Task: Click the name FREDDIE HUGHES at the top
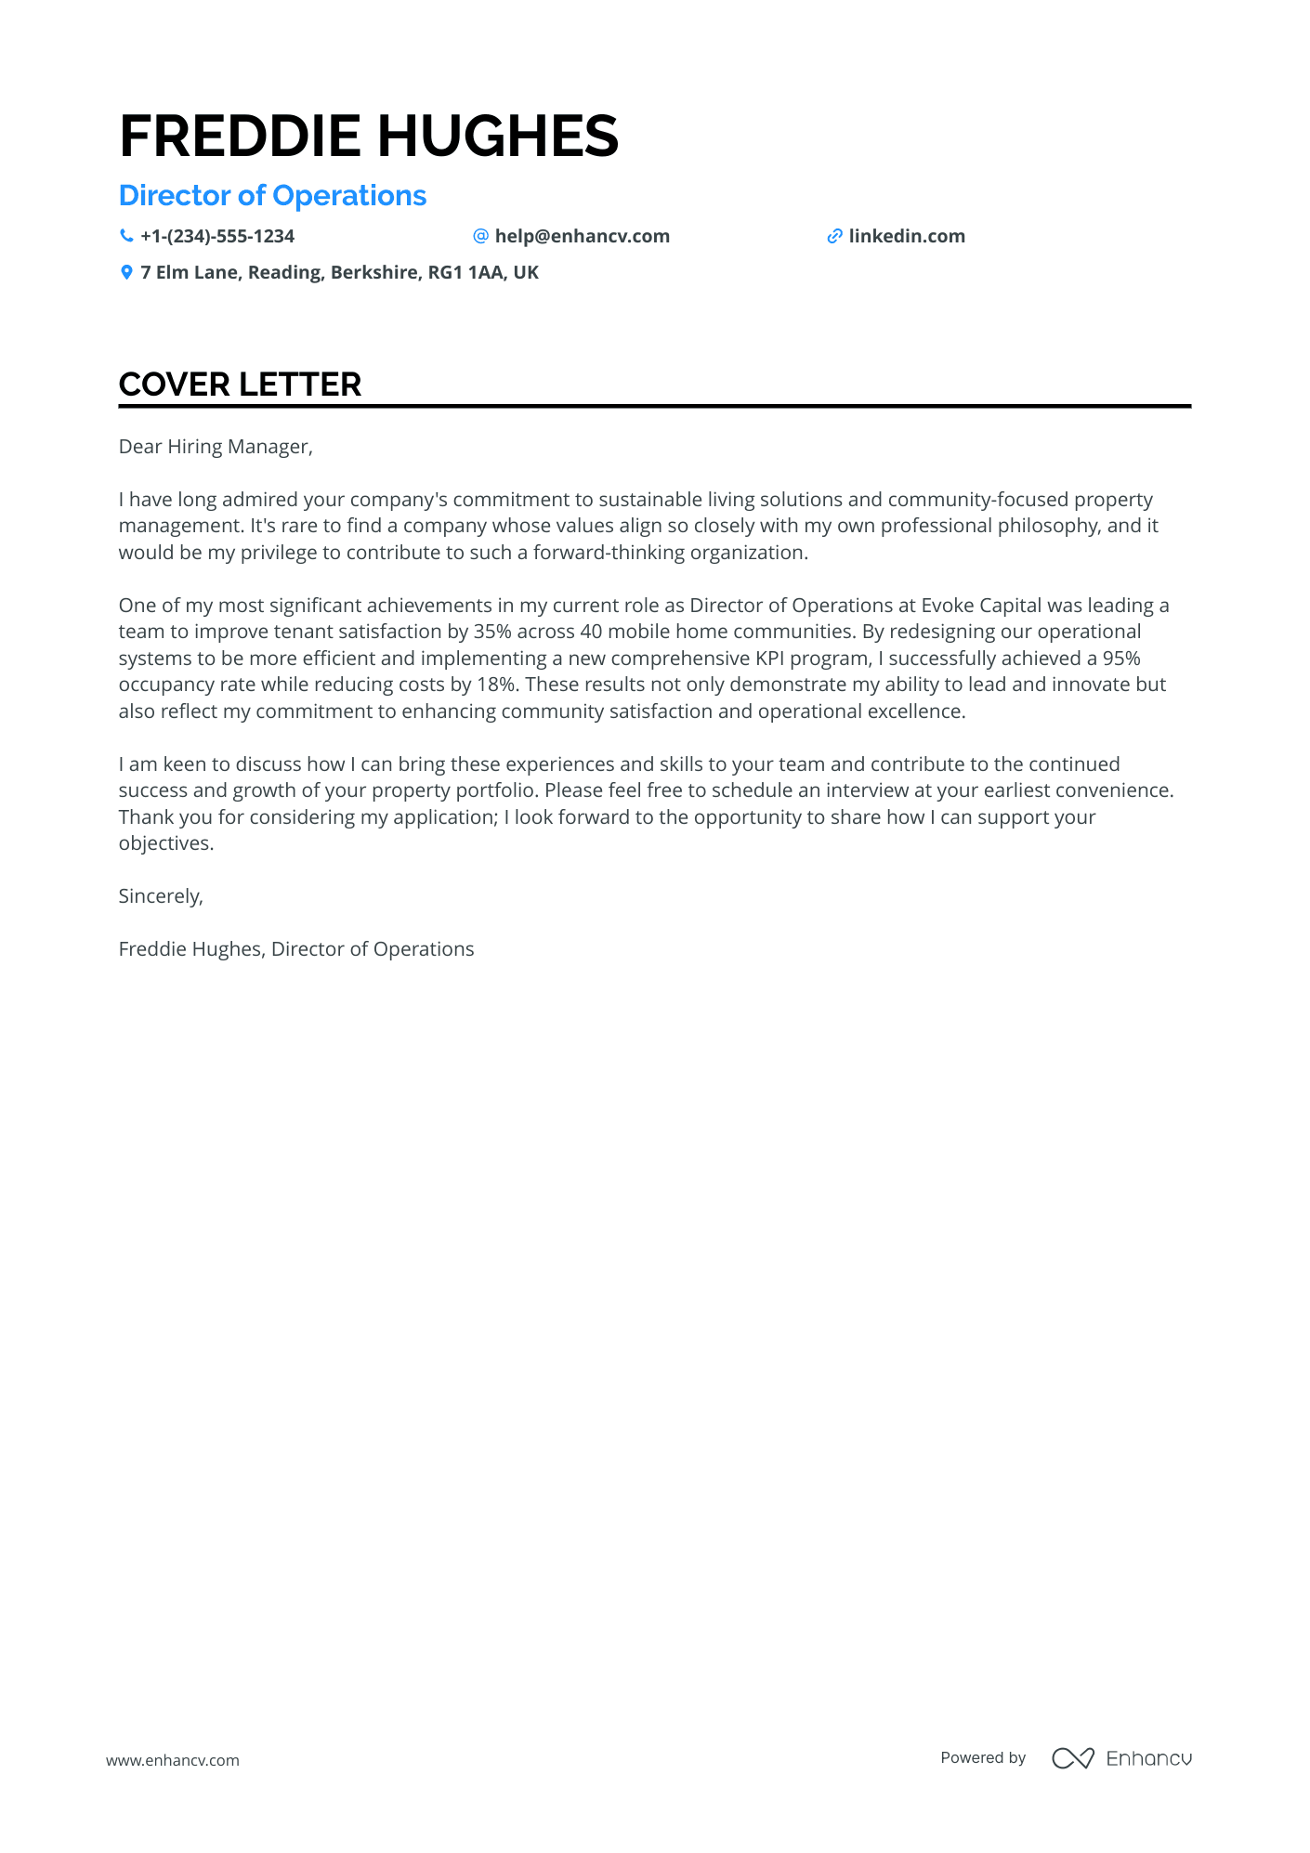(x=368, y=136)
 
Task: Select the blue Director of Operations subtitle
(x=272, y=196)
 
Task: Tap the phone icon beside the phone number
(x=126, y=236)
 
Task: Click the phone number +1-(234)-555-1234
(x=217, y=237)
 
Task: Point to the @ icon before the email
(x=480, y=236)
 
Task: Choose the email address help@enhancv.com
(x=582, y=237)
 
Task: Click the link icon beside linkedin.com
(x=834, y=237)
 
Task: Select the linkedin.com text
(x=906, y=237)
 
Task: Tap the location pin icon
(x=126, y=273)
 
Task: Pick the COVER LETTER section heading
(x=240, y=385)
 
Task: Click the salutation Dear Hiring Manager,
(x=216, y=447)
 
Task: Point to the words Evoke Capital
(x=981, y=606)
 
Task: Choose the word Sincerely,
(x=161, y=896)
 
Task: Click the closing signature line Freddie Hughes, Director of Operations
(x=296, y=949)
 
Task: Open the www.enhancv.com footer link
(x=173, y=1760)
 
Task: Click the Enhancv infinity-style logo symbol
(x=1072, y=1758)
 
